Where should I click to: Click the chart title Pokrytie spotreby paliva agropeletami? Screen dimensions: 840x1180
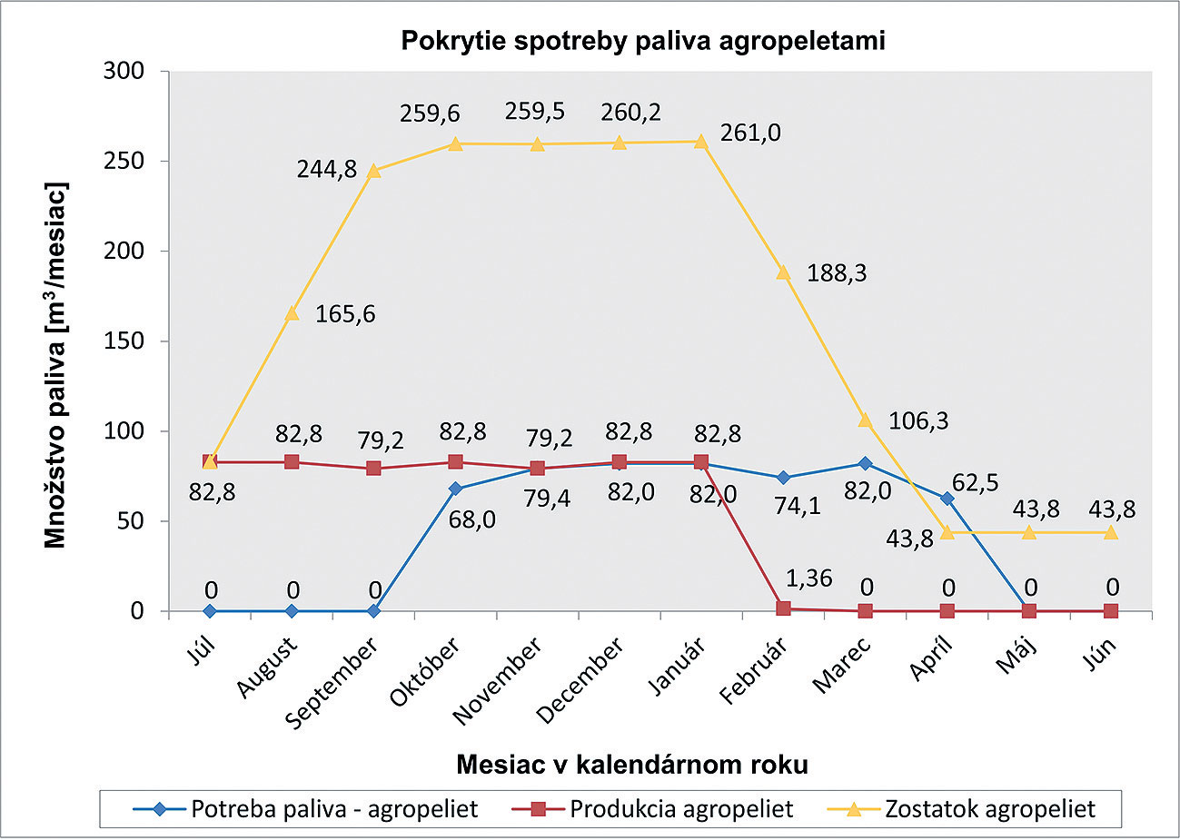click(642, 41)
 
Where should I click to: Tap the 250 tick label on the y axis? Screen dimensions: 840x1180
click(124, 161)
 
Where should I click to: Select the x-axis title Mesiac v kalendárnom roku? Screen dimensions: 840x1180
click(631, 765)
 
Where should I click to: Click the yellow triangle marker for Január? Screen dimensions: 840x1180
click(701, 141)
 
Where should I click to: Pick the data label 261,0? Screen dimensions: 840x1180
click(750, 133)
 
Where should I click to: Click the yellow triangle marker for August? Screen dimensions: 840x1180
click(292, 313)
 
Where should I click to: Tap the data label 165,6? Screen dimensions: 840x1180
click(345, 314)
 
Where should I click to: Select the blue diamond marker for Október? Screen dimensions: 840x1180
click(456, 489)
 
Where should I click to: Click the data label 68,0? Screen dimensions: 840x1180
click(472, 521)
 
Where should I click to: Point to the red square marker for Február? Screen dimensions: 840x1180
click(783, 608)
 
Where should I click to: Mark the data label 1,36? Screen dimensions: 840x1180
click(808, 578)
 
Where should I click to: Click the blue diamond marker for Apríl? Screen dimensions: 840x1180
click(947, 499)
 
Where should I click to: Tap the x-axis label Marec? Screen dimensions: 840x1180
click(843, 666)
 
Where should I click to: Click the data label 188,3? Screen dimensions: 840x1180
click(837, 272)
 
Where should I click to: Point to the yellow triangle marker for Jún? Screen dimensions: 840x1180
click(1111, 532)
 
